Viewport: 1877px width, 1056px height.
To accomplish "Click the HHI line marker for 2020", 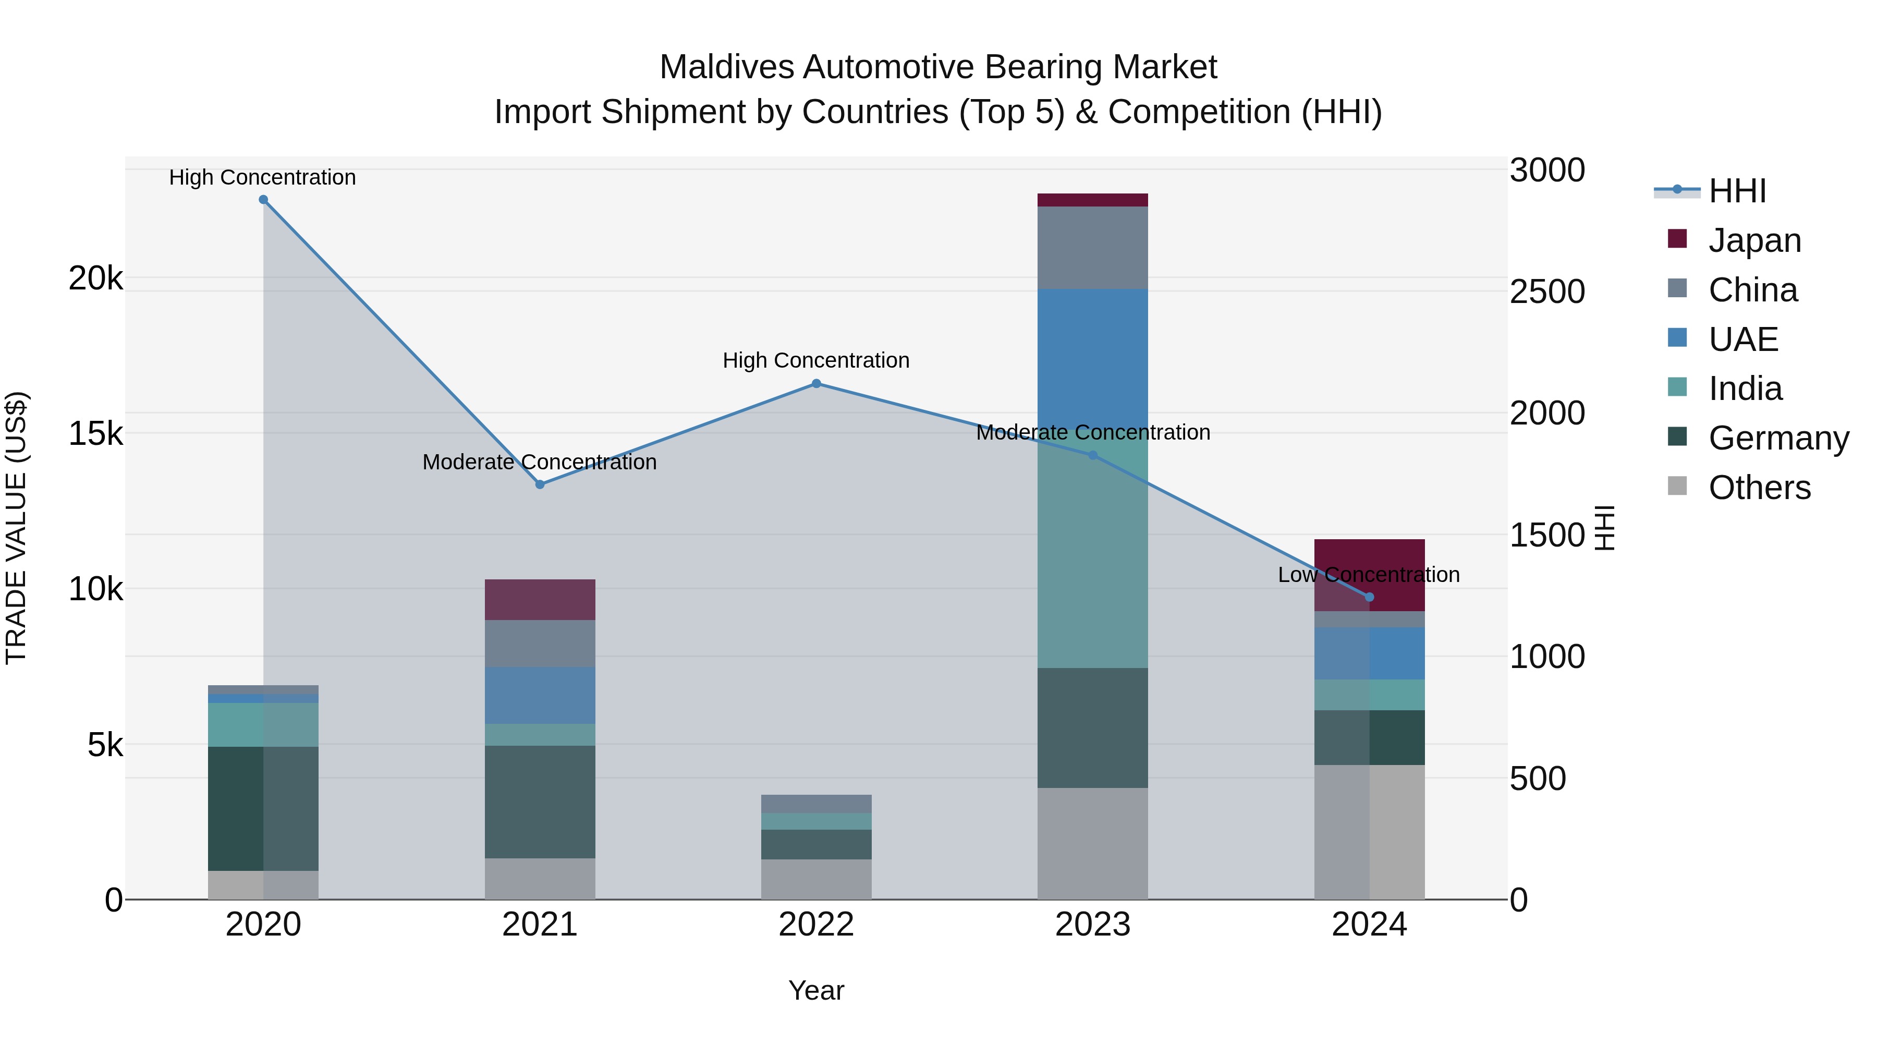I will (x=264, y=200).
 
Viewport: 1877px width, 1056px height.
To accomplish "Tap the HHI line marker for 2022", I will (x=816, y=383).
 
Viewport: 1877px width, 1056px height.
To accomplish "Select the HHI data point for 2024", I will (x=1369, y=597).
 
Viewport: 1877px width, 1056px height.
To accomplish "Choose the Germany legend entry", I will (x=1778, y=438).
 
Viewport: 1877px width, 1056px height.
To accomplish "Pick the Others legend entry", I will (x=1759, y=488).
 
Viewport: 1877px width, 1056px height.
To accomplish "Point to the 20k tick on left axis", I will (x=95, y=277).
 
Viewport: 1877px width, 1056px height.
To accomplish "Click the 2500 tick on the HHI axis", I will (x=1547, y=292).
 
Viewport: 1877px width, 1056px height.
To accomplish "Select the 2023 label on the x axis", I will (x=1092, y=925).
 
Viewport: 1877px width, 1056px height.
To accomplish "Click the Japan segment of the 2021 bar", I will (x=540, y=599).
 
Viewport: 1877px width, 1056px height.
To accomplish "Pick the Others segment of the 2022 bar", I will (x=816, y=879).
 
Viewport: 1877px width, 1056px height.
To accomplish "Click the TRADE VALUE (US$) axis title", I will (x=16, y=528).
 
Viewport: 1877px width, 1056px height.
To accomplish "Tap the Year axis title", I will (x=816, y=990).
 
